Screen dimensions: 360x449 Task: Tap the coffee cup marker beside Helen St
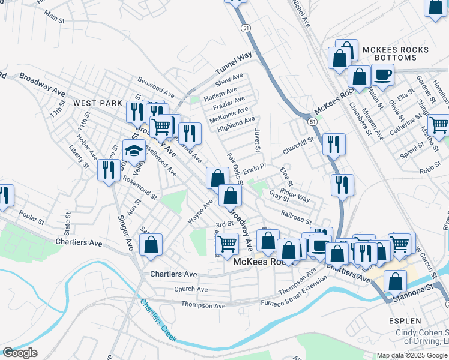tap(382, 75)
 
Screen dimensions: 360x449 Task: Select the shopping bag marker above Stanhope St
tap(395, 281)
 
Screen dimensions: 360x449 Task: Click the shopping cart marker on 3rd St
tap(227, 243)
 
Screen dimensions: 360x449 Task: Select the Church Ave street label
tap(191, 289)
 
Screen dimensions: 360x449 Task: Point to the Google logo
tap(20, 353)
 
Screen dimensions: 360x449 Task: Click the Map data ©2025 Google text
tap(411, 355)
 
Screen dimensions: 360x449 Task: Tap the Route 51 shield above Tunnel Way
tap(246, 28)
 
